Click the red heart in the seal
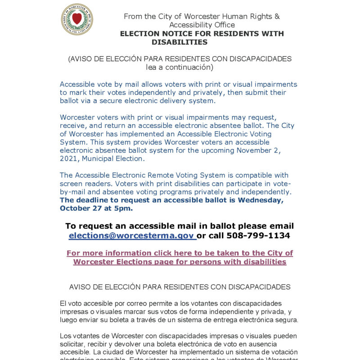pos(77,19)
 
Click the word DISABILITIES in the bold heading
pos(180,42)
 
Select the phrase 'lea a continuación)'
pos(180,67)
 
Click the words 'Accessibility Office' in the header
pos(202,25)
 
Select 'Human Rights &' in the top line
pos(255,17)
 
